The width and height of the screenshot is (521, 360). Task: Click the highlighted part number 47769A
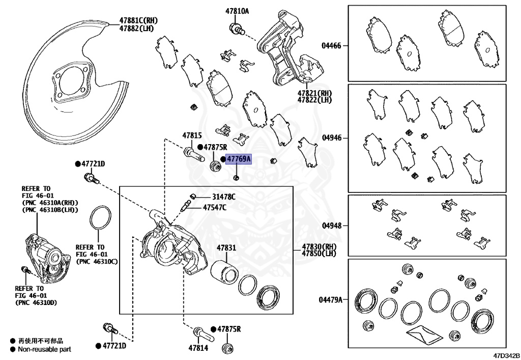[x=239, y=159]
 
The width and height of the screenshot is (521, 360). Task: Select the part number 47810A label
[x=237, y=11]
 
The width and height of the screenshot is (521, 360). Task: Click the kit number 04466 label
[x=331, y=45]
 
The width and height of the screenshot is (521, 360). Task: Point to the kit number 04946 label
[x=331, y=138]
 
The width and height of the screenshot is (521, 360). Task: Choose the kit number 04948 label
[x=331, y=226]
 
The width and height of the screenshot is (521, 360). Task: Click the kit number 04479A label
[x=330, y=300]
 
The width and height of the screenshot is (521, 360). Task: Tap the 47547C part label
[x=215, y=208]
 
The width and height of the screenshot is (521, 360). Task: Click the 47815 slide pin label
[x=192, y=135]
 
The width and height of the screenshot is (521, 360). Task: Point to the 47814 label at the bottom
[x=198, y=348]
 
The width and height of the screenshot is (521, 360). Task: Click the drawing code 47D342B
[x=505, y=355]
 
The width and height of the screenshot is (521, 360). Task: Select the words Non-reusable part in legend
[x=44, y=349]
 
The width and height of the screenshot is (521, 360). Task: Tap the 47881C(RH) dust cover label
[x=138, y=20]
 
